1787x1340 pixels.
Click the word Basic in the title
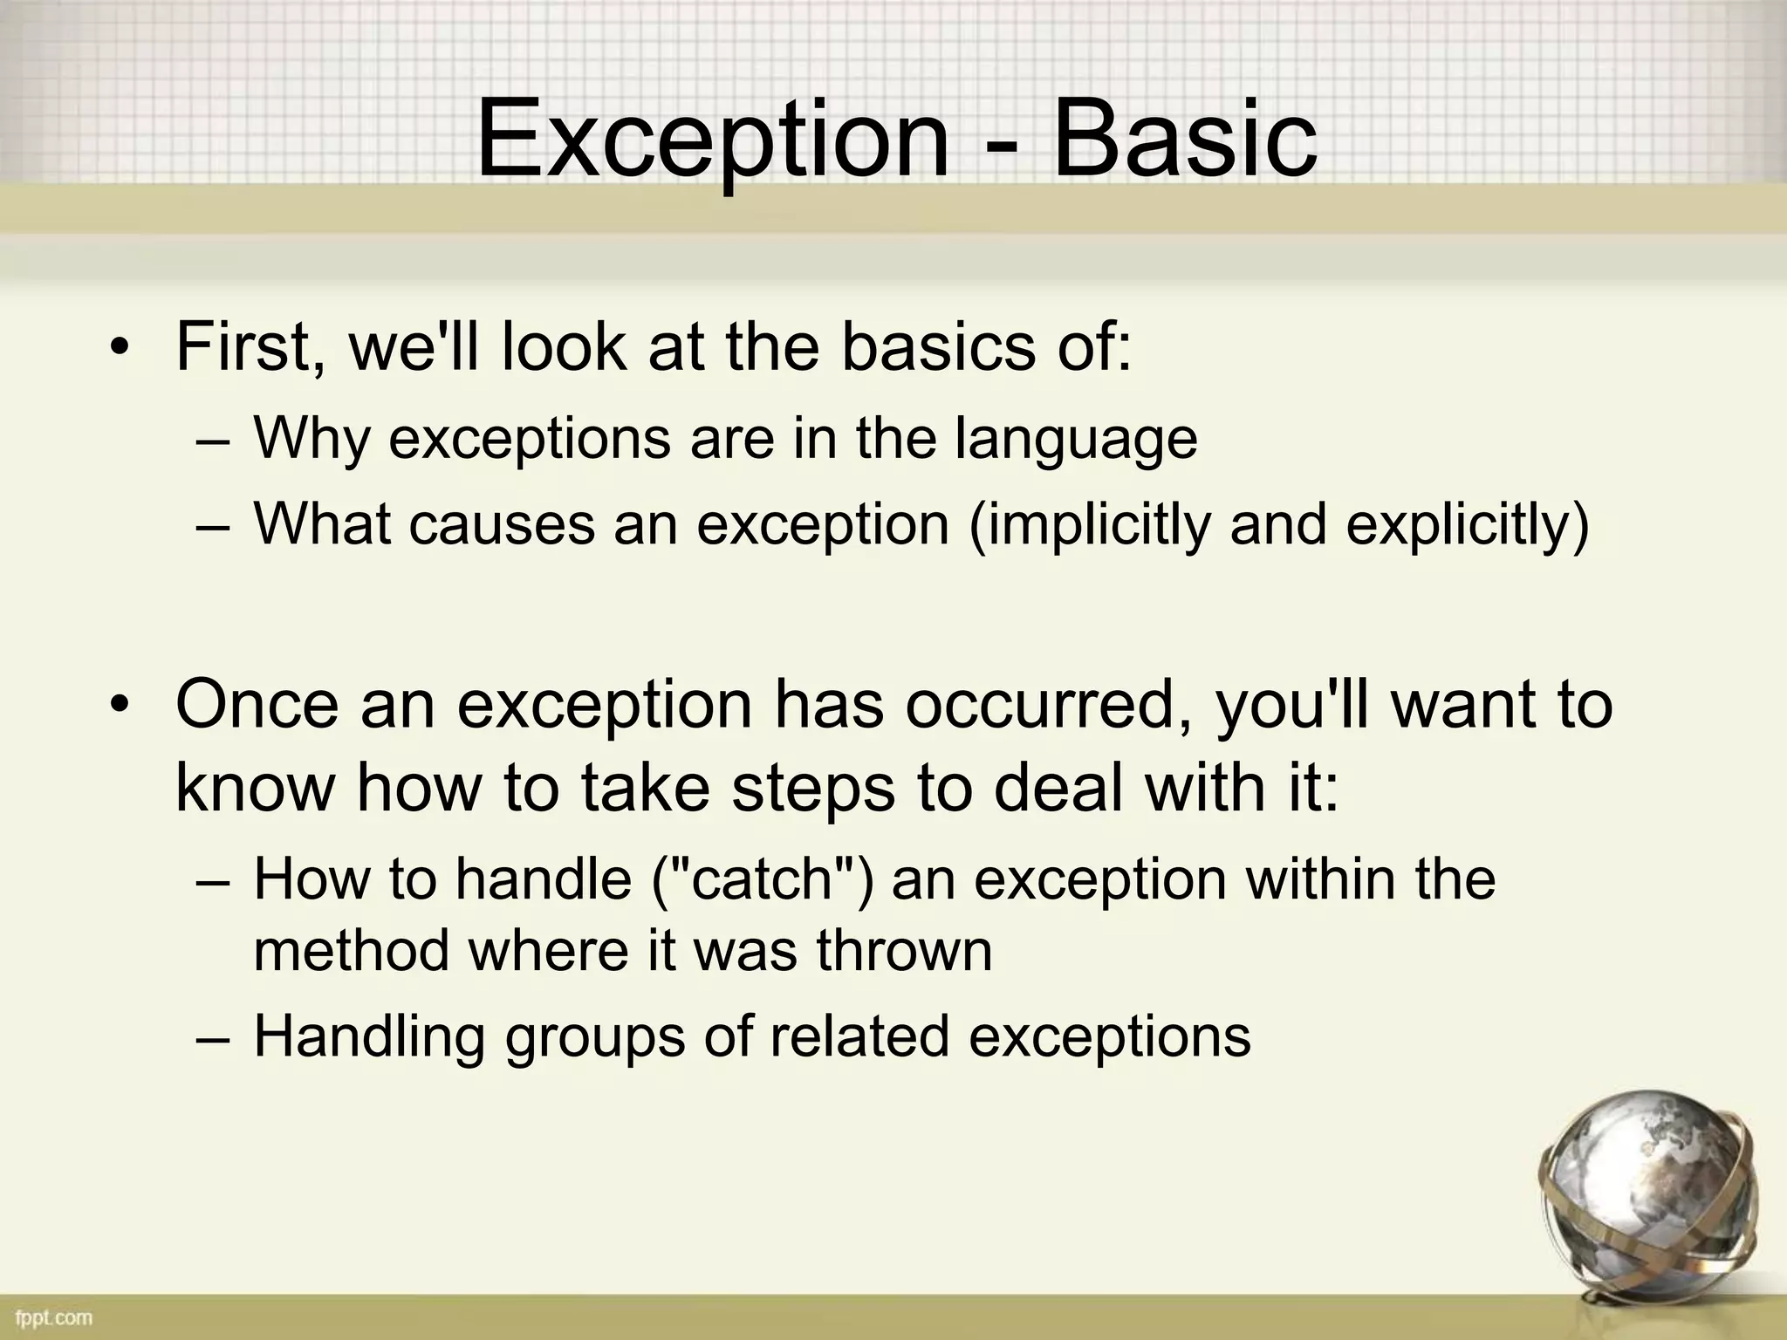[x=1185, y=140]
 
